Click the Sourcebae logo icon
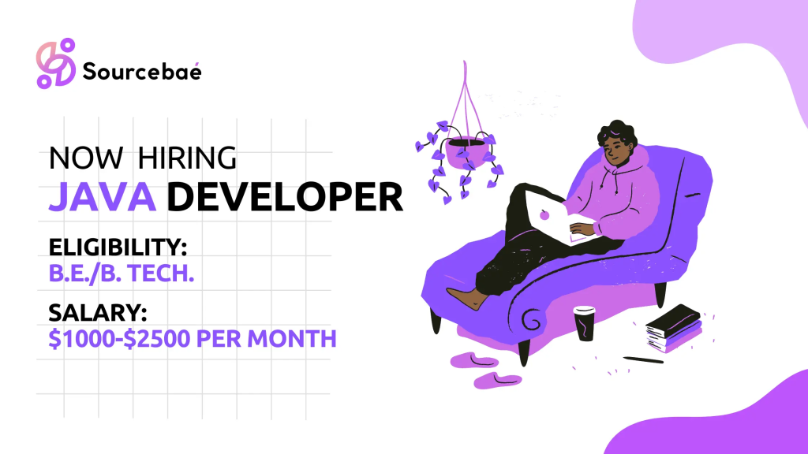click(55, 63)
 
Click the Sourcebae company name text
click(142, 71)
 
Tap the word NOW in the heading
click(85, 158)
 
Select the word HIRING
click(187, 158)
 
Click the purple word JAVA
click(103, 197)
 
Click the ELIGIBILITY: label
click(118, 249)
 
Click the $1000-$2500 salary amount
click(135, 340)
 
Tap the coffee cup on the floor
click(584, 322)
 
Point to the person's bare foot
click(466, 297)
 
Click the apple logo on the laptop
click(544, 214)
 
